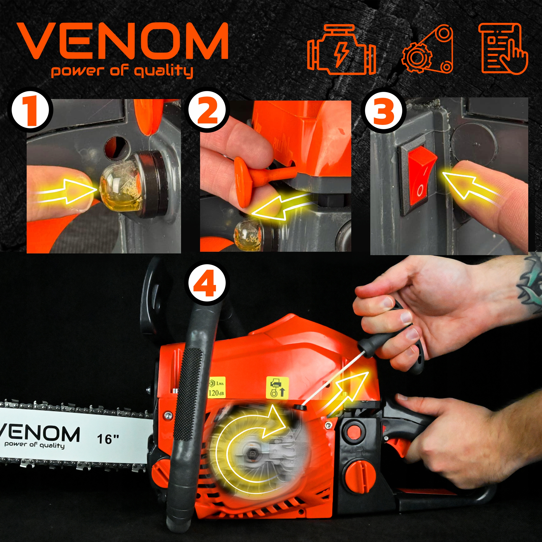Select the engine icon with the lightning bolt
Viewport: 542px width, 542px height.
pyautogui.click(x=342, y=49)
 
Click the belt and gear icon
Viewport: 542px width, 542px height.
pyautogui.click(x=427, y=49)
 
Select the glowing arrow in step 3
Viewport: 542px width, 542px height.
pyautogui.click(x=471, y=184)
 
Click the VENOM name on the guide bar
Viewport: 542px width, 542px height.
pyautogui.click(x=39, y=434)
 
